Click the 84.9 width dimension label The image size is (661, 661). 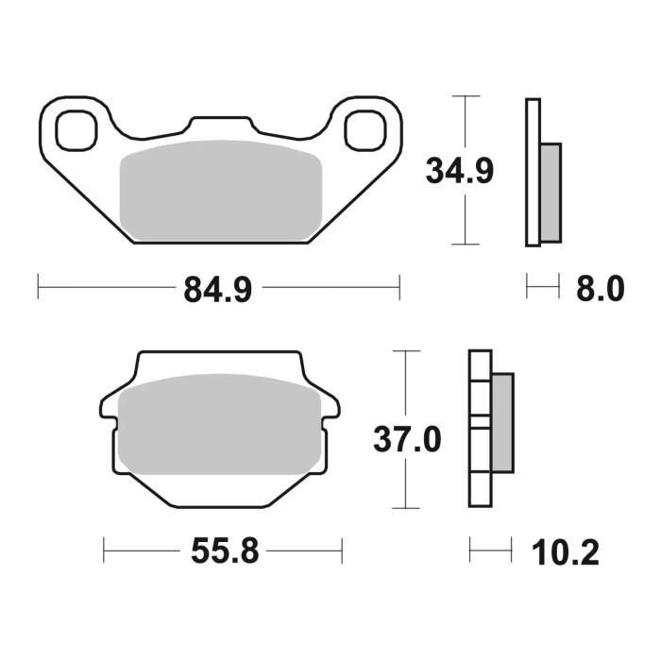pyautogui.click(x=217, y=288)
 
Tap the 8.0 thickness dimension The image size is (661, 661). pyautogui.click(x=600, y=288)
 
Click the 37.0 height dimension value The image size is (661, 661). pyautogui.click(x=407, y=440)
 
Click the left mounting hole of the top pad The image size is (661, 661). pyautogui.click(x=77, y=129)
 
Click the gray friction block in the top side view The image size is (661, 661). pyautogui.click(x=550, y=191)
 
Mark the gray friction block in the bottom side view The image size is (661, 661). pyautogui.click(x=502, y=422)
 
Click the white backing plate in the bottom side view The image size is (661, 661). pyautogui.click(x=480, y=430)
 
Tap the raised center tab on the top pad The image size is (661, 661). pyautogui.click(x=221, y=128)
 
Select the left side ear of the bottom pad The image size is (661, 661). pyautogui.click(x=109, y=405)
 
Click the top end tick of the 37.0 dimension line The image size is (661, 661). pyautogui.click(x=405, y=351)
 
